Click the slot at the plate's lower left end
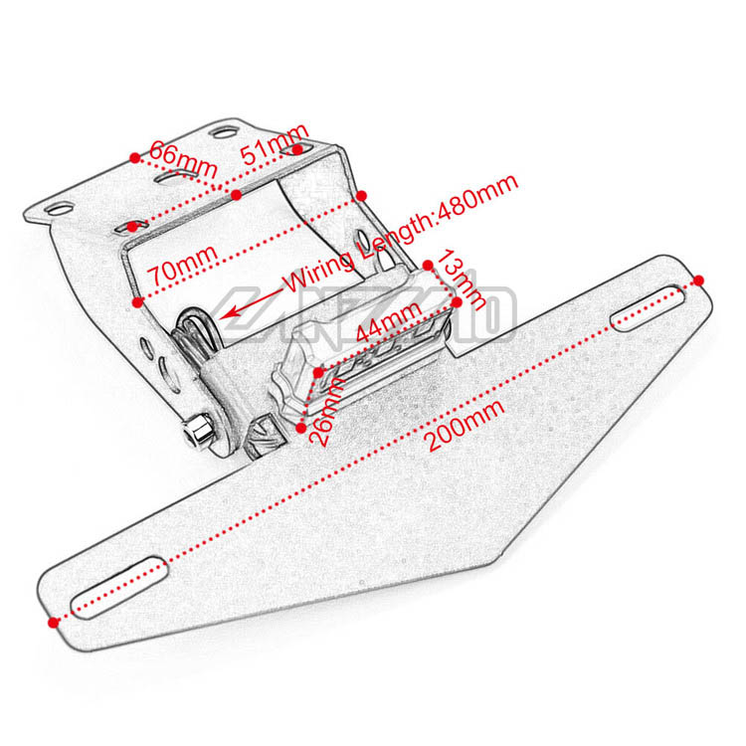point(117,578)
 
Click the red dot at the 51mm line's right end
point(297,149)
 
